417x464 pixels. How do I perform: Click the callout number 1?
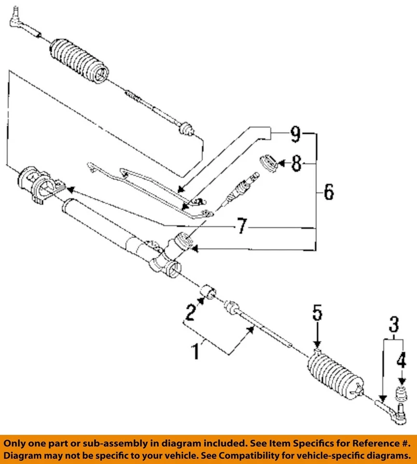point(196,351)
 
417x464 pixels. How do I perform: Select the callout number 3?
point(394,323)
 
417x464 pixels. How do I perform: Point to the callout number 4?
point(401,360)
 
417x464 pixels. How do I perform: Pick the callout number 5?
point(317,313)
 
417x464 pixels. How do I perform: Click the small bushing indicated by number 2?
point(208,292)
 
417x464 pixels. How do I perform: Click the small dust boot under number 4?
point(401,394)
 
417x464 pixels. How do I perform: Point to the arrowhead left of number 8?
point(280,164)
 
